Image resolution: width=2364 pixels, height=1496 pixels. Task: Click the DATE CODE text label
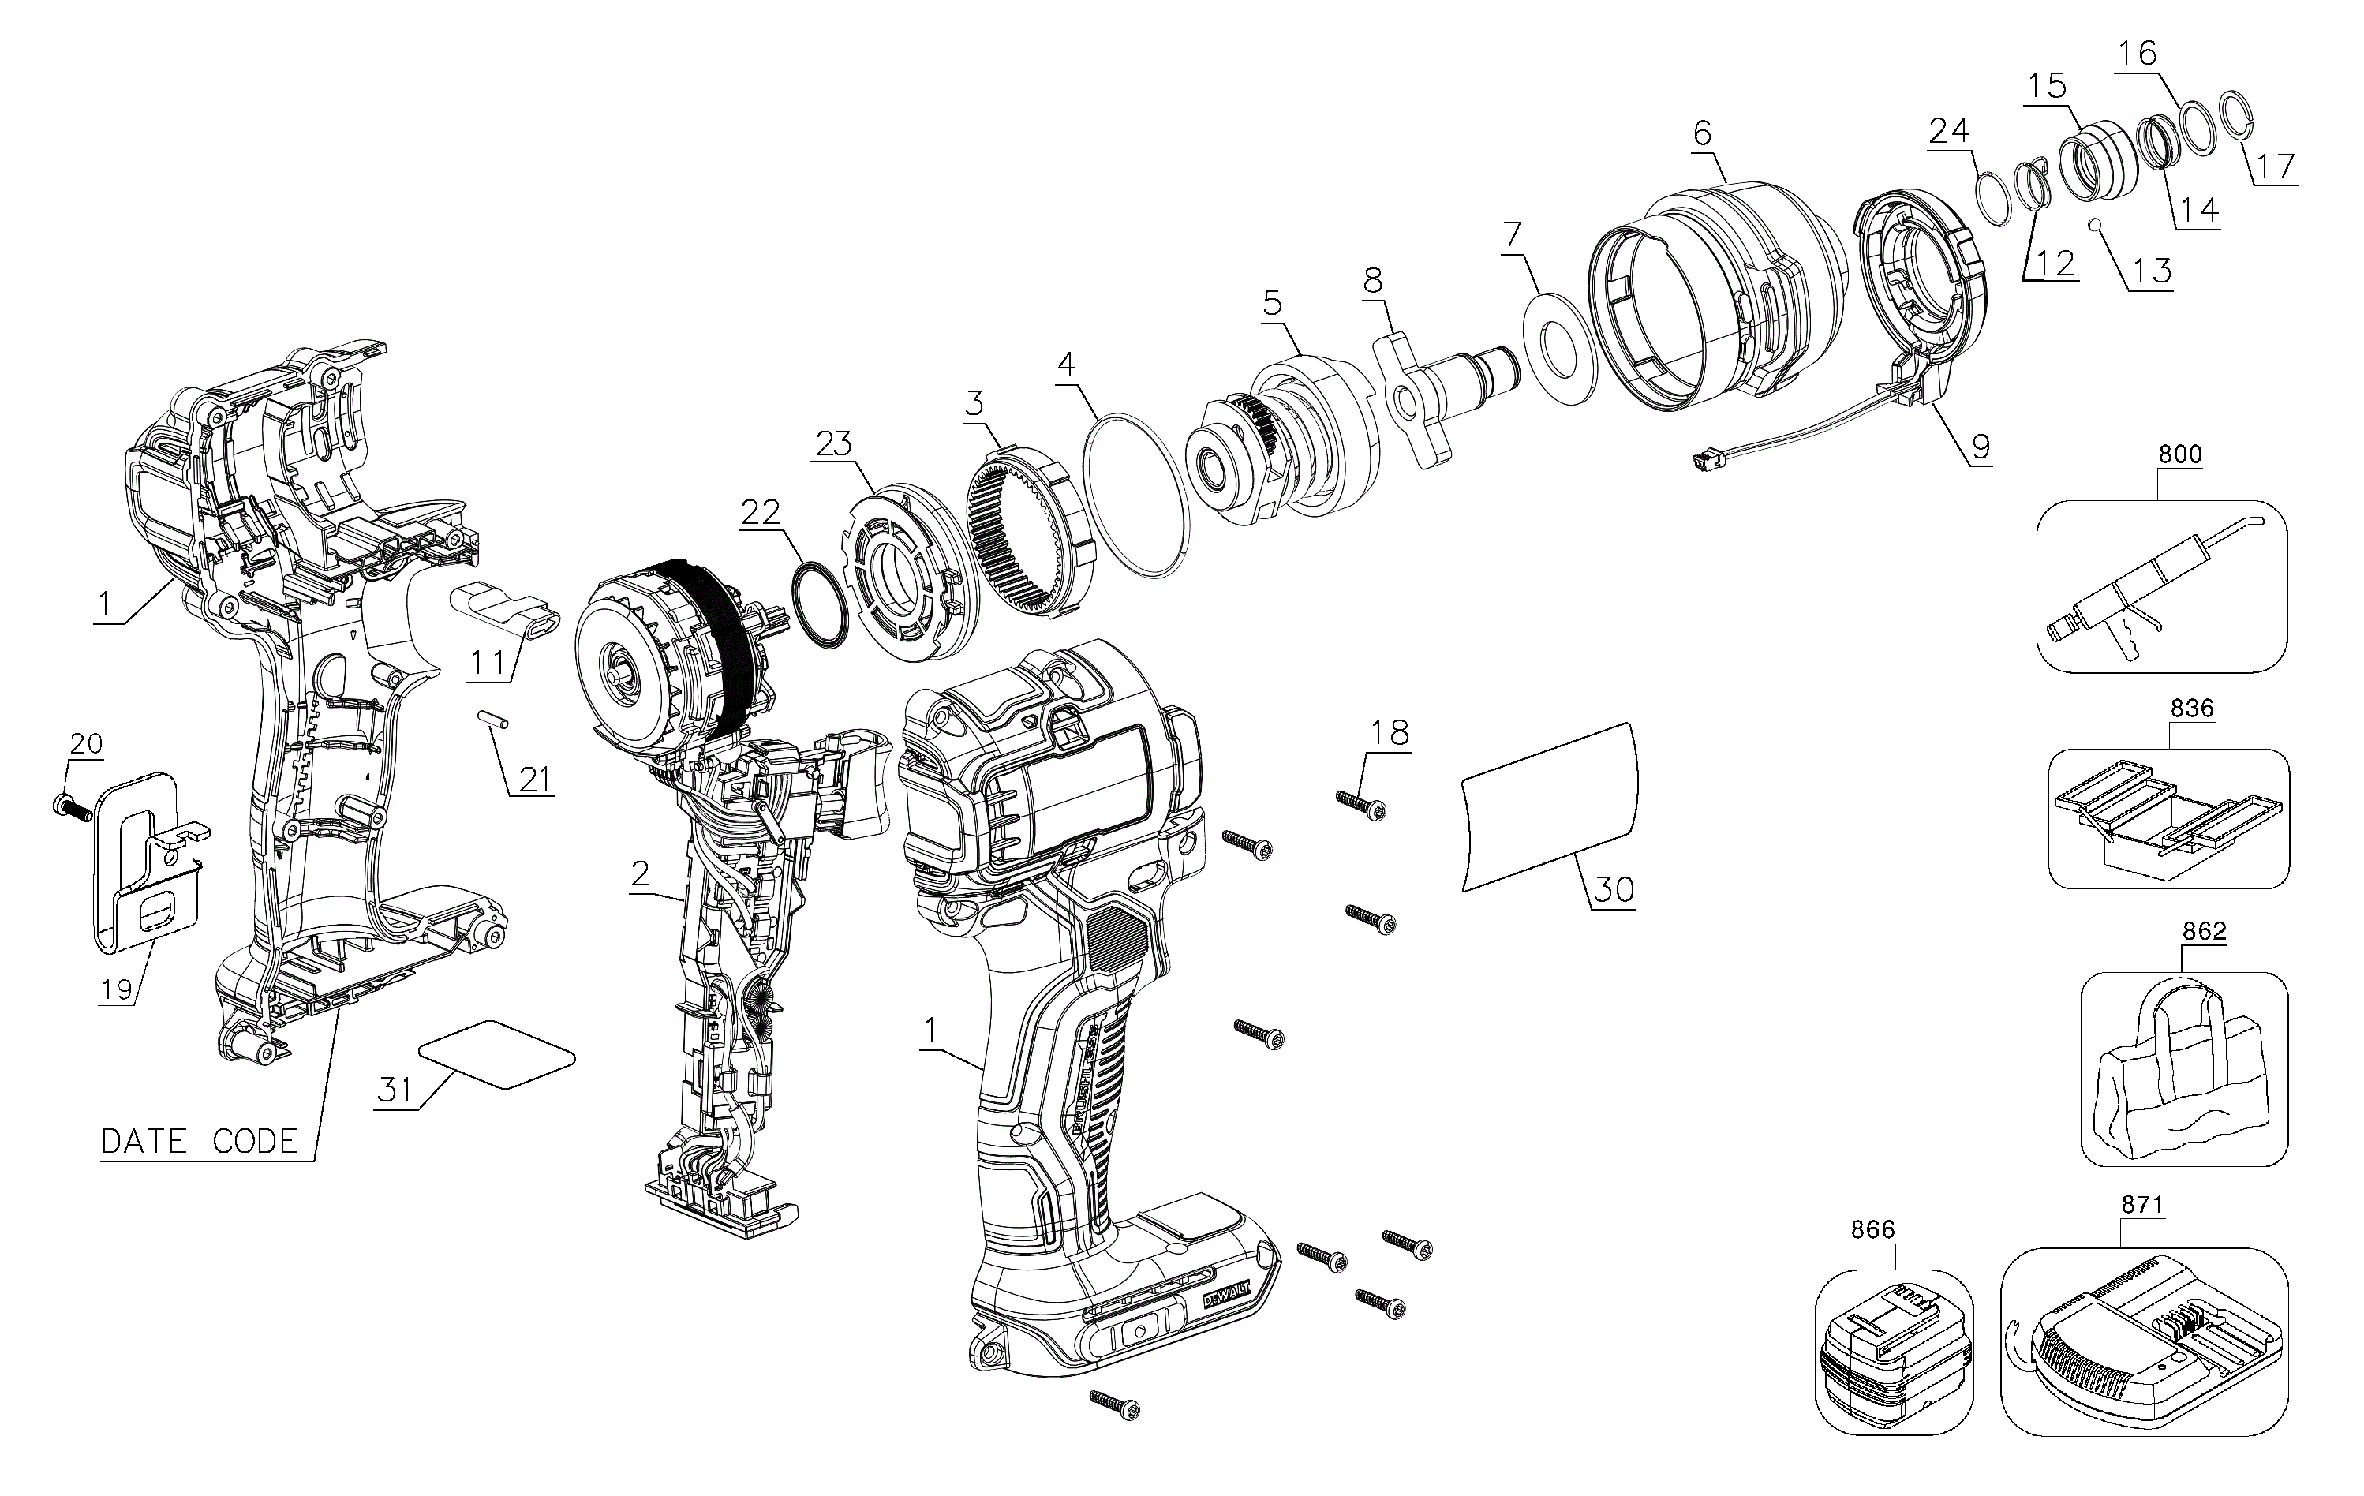pos(200,1142)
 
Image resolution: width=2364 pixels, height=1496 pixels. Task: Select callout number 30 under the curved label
pos(1613,889)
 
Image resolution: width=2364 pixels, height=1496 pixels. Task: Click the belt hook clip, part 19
pos(148,864)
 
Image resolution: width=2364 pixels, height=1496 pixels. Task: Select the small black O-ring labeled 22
pos(817,604)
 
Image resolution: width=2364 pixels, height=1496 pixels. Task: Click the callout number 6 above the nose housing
pos(1701,133)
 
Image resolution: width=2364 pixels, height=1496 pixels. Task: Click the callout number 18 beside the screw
pos(1390,732)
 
